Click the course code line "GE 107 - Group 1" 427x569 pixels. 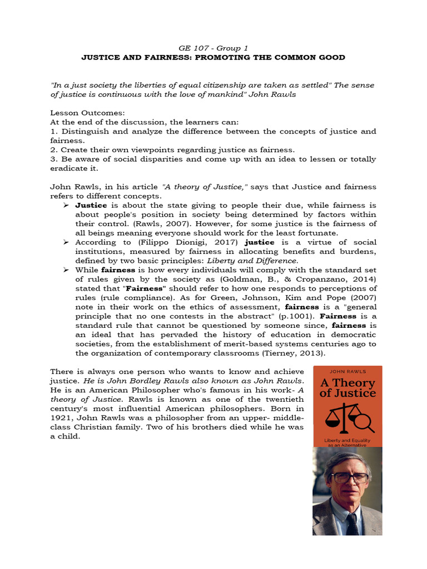coord(213,48)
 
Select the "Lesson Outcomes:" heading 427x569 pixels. coord(84,112)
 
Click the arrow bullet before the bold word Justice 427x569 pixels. coord(66,206)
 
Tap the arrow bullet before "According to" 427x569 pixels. coord(66,242)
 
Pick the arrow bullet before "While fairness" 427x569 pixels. coord(66,270)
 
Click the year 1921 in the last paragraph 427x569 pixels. coord(62,417)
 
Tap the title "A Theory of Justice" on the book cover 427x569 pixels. coord(347,388)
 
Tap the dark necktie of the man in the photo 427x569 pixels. coord(352,522)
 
